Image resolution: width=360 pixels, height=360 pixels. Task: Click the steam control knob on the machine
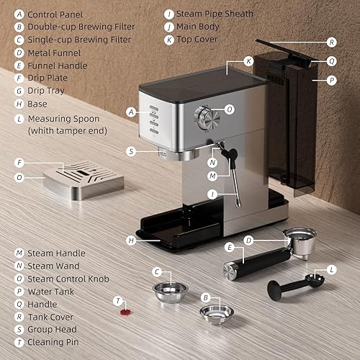[x=205, y=115]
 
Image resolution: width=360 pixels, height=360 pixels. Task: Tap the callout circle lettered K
[x=248, y=62]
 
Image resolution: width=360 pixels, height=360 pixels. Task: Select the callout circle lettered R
[x=330, y=42]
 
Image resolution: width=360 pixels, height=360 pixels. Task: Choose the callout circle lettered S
[x=130, y=151]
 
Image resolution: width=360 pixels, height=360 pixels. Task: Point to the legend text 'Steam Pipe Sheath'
[x=215, y=14]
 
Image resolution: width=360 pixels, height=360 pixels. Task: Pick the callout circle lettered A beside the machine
[x=130, y=112]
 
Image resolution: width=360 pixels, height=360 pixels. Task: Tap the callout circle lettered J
[x=212, y=194]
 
